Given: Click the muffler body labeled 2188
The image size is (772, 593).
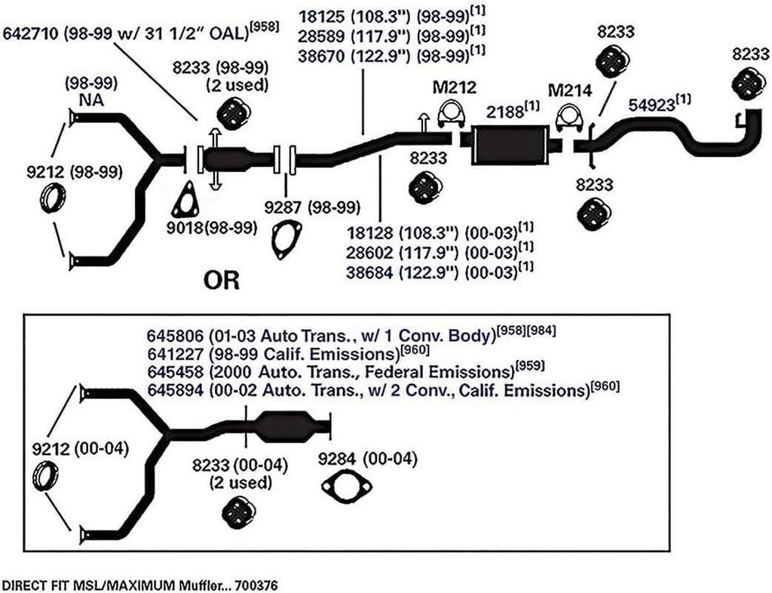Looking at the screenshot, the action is [x=510, y=145].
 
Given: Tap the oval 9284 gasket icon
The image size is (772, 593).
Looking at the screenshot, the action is [x=346, y=487].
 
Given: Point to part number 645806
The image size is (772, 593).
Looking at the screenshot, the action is [x=175, y=336].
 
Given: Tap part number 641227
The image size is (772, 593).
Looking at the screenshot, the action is [x=175, y=354].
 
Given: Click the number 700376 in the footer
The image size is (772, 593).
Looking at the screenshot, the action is [x=256, y=585].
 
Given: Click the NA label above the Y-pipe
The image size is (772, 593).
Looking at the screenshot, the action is [x=91, y=100].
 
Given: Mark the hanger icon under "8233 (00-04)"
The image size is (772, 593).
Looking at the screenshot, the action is [x=240, y=513].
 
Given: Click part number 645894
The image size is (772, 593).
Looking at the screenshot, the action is [x=175, y=390].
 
